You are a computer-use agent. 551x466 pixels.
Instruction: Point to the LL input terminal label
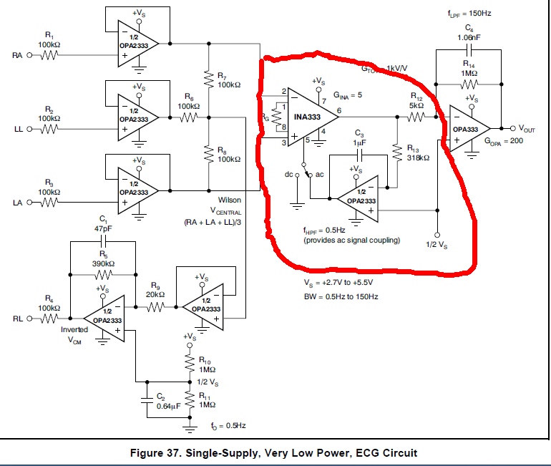pyautogui.click(x=19, y=130)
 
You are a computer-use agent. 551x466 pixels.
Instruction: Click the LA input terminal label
pyautogui.click(x=18, y=203)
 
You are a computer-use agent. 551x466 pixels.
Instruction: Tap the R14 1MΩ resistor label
pyautogui.click(x=469, y=68)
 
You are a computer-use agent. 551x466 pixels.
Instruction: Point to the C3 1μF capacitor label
pyautogui.click(x=360, y=137)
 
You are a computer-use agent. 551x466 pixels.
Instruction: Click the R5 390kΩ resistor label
pyautogui.click(x=104, y=260)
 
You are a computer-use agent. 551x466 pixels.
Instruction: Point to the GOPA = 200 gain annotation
pyautogui.click(x=505, y=142)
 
